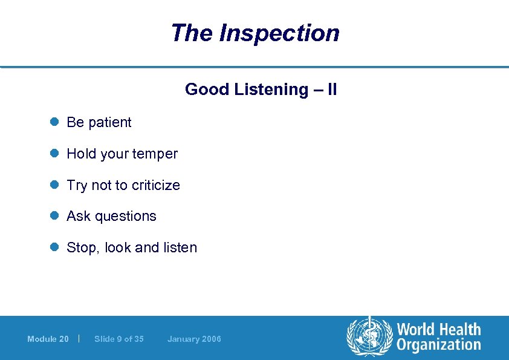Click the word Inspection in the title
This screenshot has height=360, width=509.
(x=279, y=33)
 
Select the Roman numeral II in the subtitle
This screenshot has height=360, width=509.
(x=331, y=90)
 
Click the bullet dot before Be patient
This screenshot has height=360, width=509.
(x=53, y=122)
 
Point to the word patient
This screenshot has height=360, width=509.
(x=109, y=122)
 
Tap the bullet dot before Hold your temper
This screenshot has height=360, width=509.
(x=53, y=154)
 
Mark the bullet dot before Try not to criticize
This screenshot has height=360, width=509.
(x=53, y=185)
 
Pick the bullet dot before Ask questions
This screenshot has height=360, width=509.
(x=53, y=216)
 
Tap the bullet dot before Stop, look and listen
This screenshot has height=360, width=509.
(x=53, y=247)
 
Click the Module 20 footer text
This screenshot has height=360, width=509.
(x=48, y=339)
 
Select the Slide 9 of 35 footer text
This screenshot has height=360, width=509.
(x=119, y=339)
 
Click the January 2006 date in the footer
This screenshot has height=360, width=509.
(x=194, y=339)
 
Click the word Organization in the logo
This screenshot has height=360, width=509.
(x=439, y=345)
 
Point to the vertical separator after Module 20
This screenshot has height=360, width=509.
(x=80, y=338)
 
